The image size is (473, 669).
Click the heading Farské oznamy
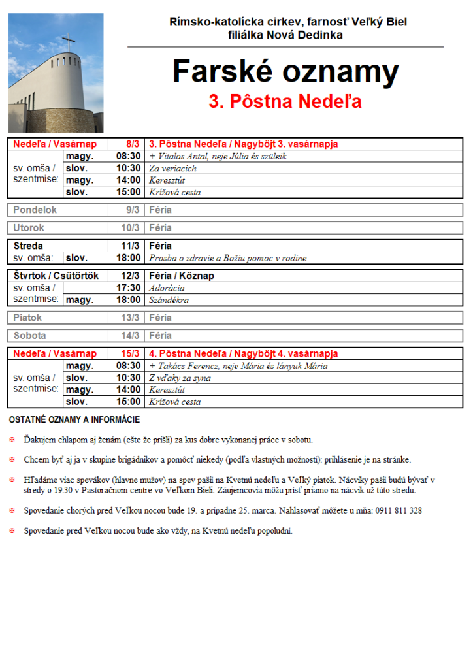pos(285,71)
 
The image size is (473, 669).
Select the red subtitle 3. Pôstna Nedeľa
pos(285,102)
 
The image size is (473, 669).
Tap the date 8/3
pos(133,144)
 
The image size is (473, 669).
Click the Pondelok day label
pos(35,210)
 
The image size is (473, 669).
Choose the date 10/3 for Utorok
pos(130,228)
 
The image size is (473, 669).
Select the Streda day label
pos(28,246)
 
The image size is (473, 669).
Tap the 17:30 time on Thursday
pos(128,288)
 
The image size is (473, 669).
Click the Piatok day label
pos(27,318)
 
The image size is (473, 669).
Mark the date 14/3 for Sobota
pos(130,336)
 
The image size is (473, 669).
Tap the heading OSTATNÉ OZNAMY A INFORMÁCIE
pos(74,419)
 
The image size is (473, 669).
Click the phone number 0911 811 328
pos(398,510)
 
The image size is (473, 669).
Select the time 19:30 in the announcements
pos(61,490)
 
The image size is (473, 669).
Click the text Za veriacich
pos(172,168)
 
